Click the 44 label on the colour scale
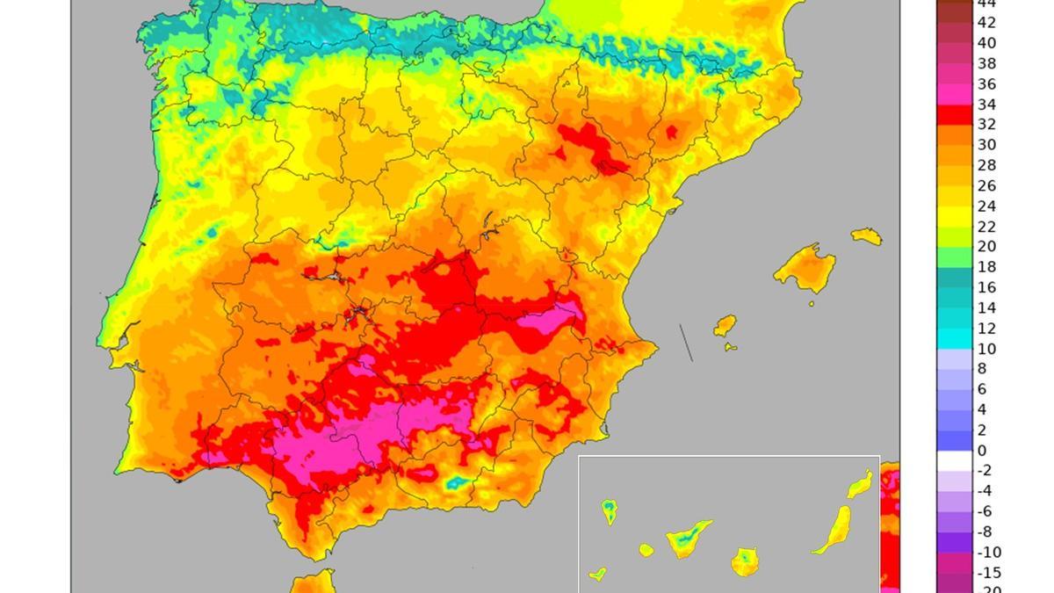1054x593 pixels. (x=987, y=4)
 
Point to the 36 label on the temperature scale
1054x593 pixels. (x=987, y=84)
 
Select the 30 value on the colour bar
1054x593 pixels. (x=987, y=146)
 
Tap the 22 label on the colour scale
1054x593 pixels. (x=987, y=227)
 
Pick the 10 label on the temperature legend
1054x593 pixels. (x=987, y=349)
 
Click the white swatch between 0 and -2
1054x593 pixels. (x=955, y=461)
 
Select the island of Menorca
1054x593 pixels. (x=866, y=235)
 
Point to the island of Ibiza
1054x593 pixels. (x=725, y=326)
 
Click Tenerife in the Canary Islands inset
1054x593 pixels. (x=688, y=539)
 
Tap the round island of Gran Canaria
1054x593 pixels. (x=745, y=561)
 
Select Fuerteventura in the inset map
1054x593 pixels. (x=834, y=529)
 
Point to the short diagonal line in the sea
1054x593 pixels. (x=686, y=343)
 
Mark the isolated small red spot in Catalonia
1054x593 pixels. (x=672, y=133)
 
